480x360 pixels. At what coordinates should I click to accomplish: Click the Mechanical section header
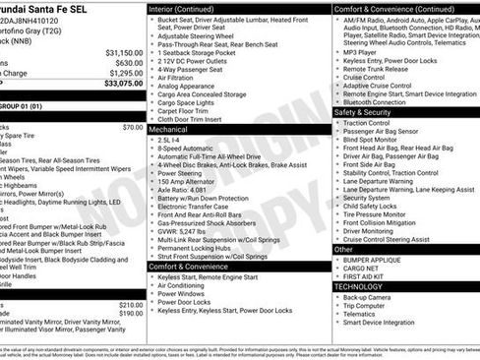click(168, 129)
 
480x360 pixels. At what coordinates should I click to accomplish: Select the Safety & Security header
click(362, 112)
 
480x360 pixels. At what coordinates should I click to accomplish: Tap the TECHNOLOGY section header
click(360, 286)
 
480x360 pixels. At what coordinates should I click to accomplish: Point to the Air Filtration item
click(180, 76)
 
